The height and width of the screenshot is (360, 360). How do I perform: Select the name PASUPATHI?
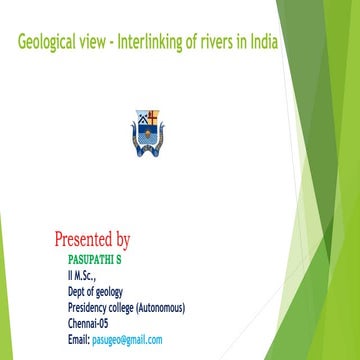91,259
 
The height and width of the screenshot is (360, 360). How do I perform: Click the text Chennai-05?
88,323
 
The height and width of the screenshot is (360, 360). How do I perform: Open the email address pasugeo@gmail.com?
127,340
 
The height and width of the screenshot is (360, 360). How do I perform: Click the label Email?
79,340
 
